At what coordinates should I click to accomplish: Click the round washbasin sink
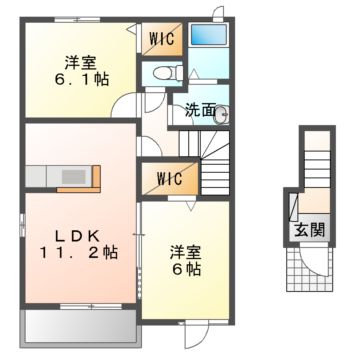click(x=222, y=113)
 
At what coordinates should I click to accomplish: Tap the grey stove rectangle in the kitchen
click(x=74, y=177)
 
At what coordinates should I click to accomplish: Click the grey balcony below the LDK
click(x=76, y=324)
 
